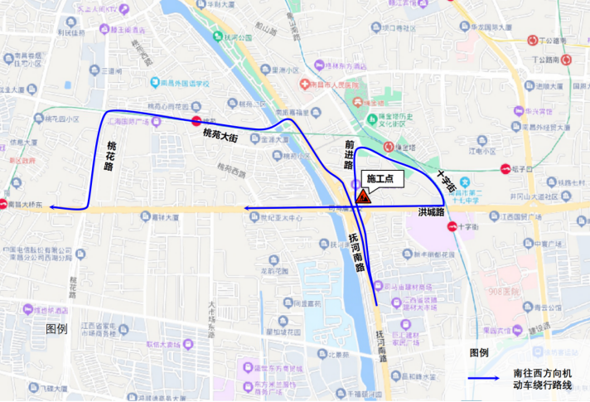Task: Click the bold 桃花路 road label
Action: click(109, 155)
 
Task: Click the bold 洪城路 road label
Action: click(432, 213)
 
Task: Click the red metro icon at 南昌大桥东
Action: click(4, 205)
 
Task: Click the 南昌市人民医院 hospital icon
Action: click(304, 85)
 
